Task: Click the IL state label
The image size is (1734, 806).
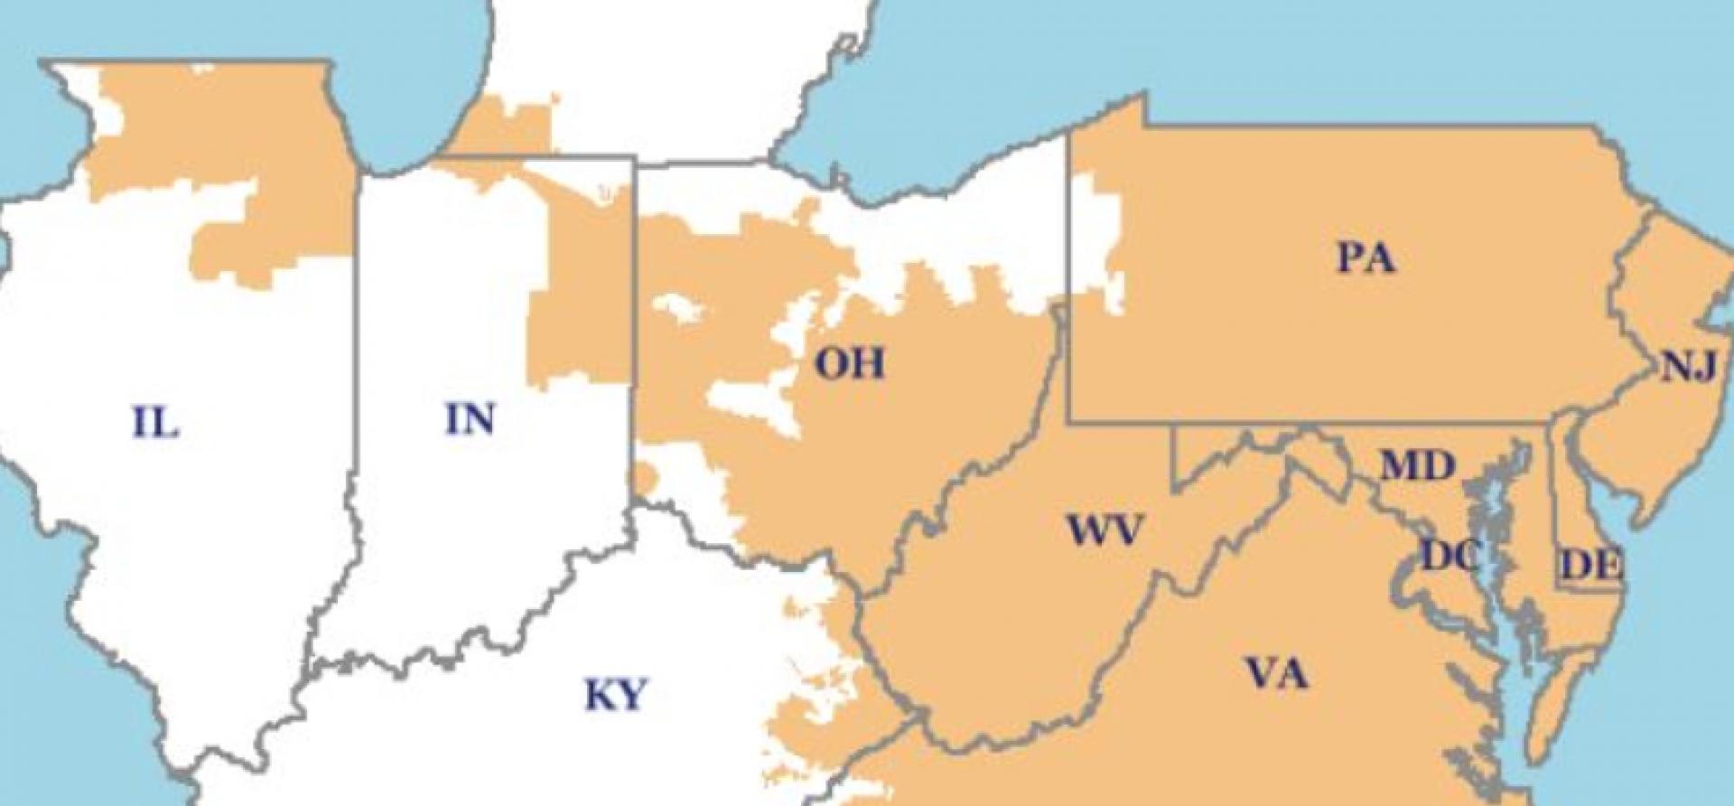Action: [156, 422]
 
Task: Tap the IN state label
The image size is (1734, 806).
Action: [471, 418]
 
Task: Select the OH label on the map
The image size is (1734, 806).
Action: [849, 364]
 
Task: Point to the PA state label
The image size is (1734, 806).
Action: [1366, 259]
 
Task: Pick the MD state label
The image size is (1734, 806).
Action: [1417, 466]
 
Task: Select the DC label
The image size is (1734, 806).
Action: [1450, 555]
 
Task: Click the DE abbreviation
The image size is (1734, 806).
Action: [1591, 566]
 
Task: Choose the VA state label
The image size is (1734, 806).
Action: [1276, 673]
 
